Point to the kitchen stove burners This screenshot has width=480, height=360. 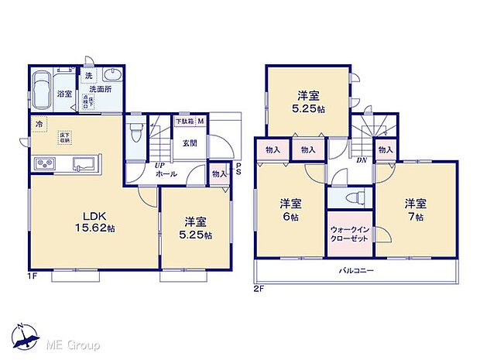pyautogui.click(x=44, y=163)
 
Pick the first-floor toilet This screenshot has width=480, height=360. pyautogui.click(x=136, y=132)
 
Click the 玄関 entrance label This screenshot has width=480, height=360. pyautogui.click(x=190, y=143)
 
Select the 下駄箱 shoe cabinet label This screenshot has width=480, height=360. pyautogui.click(x=184, y=122)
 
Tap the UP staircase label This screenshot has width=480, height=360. pyautogui.click(x=159, y=164)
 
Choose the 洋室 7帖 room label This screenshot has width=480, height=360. pyautogui.click(x=415, y=209)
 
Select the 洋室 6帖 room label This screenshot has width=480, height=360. pyautogui.click(x=292, y=209)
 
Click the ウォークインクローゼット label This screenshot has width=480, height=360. pyautogui.click(x=348, y=234)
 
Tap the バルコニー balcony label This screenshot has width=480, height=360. pyautogui.click(x=357, y=271)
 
